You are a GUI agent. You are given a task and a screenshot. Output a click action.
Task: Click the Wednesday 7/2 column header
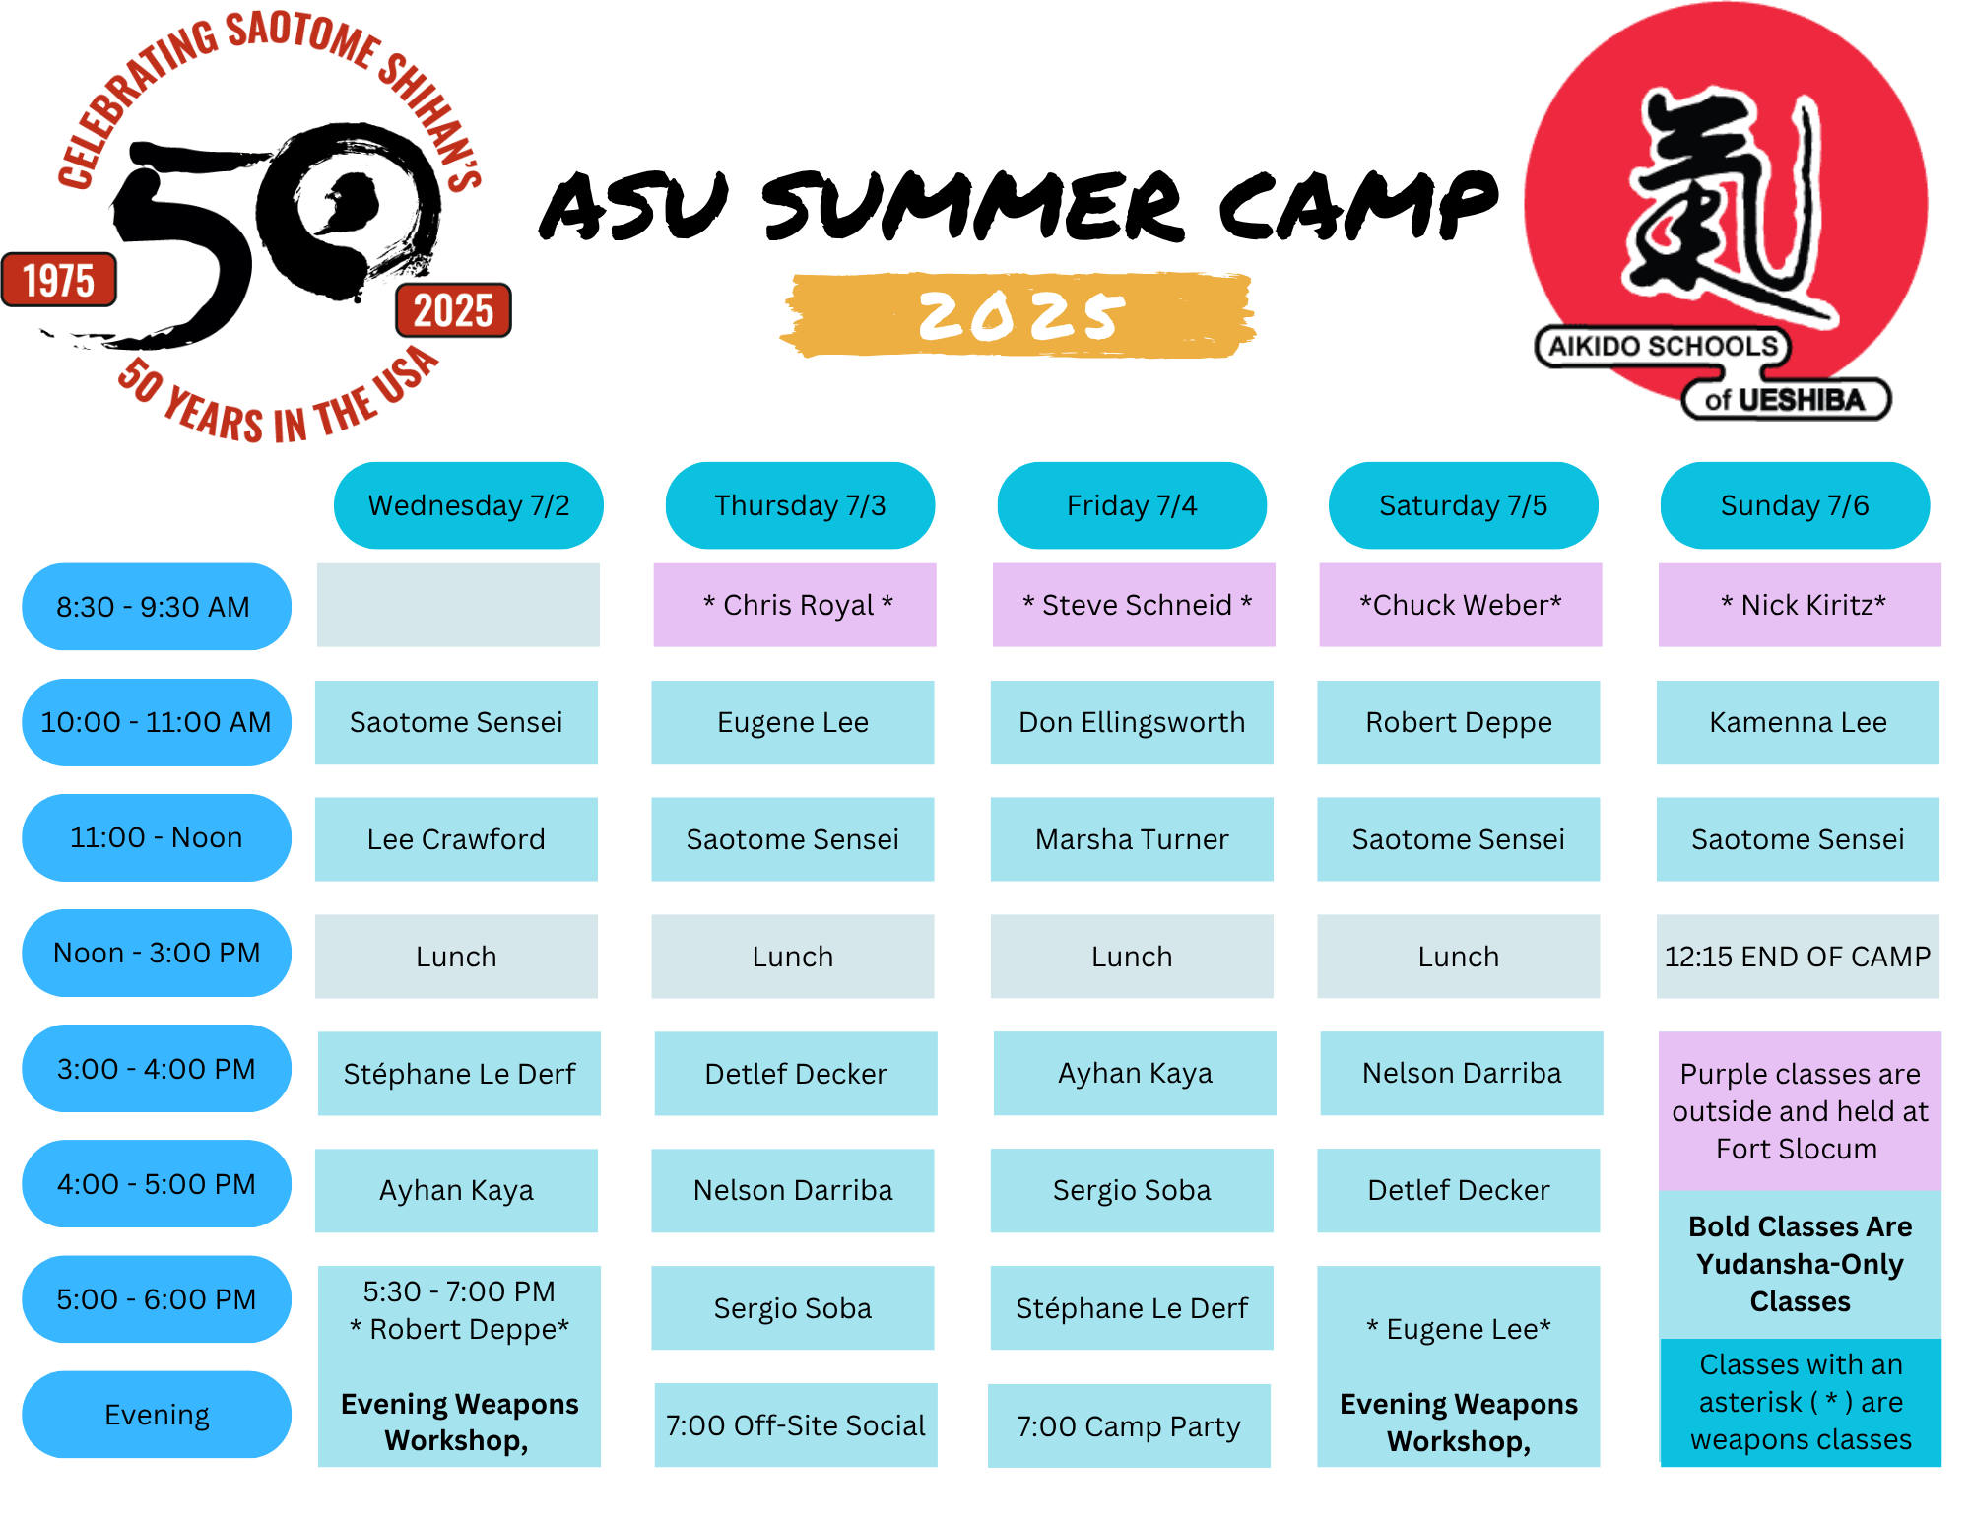tap(469, 505)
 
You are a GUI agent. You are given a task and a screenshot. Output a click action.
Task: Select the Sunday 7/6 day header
tap(1795, 505)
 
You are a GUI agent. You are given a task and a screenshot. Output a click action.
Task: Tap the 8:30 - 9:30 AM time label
tap(157, 607)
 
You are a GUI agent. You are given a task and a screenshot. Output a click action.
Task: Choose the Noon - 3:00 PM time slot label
tap(157, 953)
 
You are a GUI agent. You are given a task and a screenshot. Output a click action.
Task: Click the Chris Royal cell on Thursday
tap(795, 605)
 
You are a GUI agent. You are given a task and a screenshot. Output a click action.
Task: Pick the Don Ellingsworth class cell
tap(1132, 722)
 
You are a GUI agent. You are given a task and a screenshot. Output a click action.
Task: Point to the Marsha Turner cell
tap(1132, 839)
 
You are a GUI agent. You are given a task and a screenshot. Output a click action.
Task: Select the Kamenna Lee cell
tap(1798, 722)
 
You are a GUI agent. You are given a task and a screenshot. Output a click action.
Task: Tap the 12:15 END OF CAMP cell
tap(1798, 957)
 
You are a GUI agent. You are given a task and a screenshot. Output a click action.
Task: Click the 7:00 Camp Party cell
tap(1129, 1425)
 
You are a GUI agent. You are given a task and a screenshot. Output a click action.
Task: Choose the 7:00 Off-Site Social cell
tap(796, 1424)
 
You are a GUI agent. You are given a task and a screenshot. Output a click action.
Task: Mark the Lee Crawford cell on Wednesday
tap(456, 839)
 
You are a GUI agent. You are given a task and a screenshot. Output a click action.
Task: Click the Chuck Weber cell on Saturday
tap(1461, 605)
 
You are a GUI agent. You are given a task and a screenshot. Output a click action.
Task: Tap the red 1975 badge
tap(59, 280)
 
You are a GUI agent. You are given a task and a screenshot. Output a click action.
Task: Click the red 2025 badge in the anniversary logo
tap(453, 310)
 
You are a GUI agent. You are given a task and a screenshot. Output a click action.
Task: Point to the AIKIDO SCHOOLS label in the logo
tap(1663, 347)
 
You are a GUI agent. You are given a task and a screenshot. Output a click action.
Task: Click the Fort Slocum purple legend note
tap(1800, 1111)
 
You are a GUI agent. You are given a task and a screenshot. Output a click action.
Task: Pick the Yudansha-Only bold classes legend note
tap(1800, 1264)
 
